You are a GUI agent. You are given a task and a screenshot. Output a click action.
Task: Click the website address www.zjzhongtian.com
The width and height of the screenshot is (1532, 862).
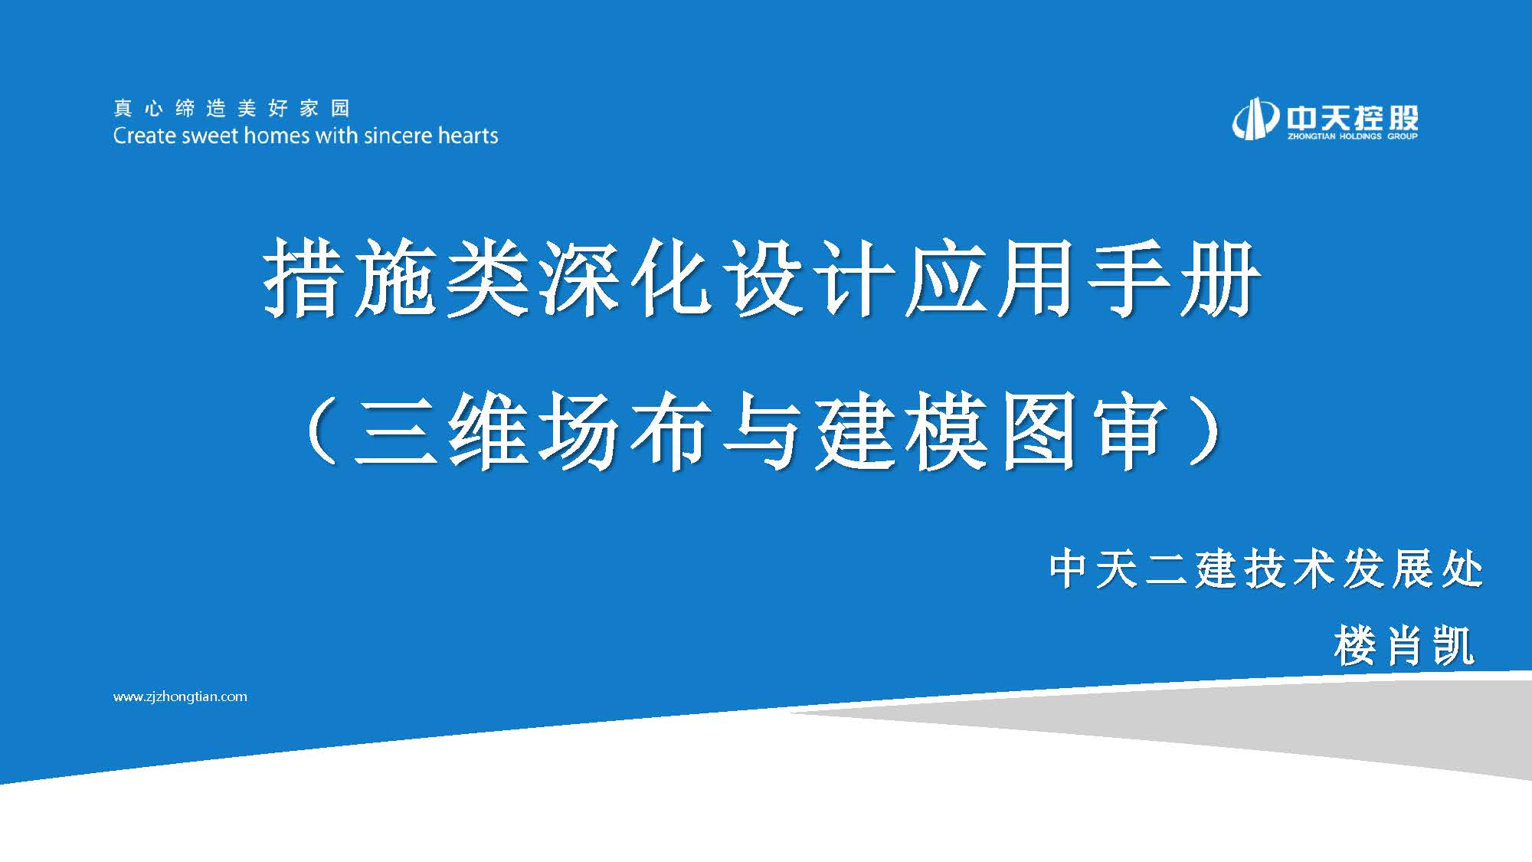[x=180, y=696]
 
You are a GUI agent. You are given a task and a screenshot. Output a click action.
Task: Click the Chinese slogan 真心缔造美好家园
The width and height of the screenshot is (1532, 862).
[x=231, y=108]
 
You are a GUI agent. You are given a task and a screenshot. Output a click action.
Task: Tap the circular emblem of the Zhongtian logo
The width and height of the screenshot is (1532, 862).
[x=1255, y=120]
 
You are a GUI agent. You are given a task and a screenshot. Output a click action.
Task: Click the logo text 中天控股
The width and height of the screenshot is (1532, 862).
[x=1352, y=116]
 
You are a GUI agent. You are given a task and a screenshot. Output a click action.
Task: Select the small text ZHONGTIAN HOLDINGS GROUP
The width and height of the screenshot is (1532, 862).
[x=1352, y=136]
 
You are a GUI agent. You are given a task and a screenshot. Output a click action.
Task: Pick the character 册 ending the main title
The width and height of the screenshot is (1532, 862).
[x=1220, y=277]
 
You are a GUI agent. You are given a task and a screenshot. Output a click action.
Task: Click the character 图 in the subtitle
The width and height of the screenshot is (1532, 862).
[x=1038, y=431]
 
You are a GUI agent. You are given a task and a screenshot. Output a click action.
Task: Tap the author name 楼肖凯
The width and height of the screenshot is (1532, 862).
[x=1403, y=645]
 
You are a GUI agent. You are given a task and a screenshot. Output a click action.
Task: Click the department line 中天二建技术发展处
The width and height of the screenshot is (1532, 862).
[x=1266, y=569]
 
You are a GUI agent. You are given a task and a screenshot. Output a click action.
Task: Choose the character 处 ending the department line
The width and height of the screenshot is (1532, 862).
[x=1462, y=569]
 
